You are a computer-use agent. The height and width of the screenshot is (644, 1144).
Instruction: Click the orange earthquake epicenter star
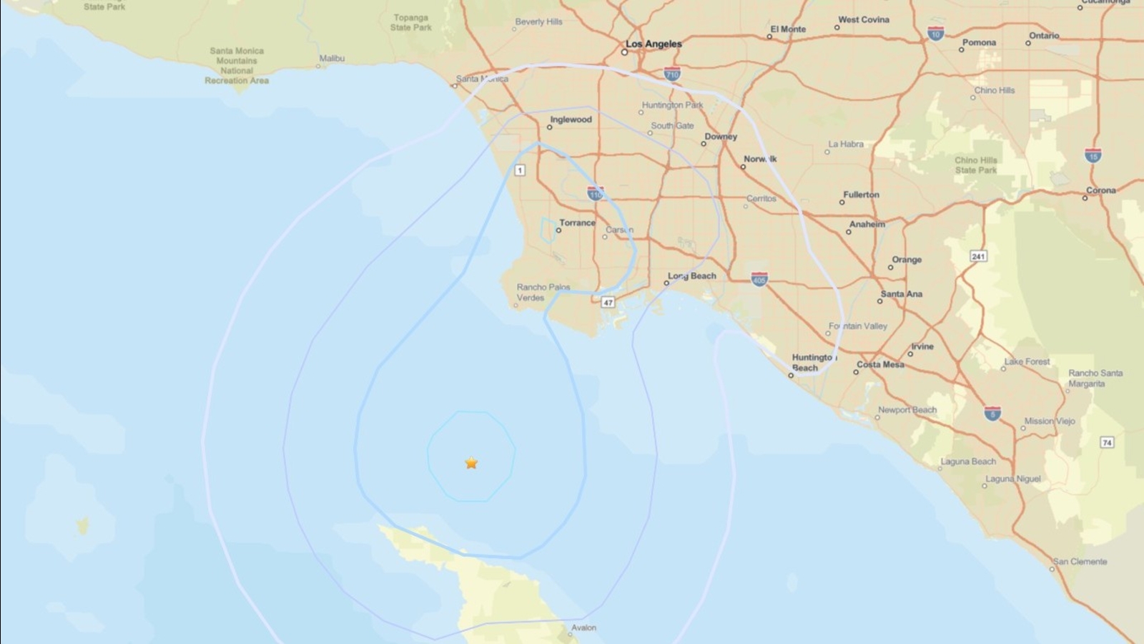(x=471, y=463)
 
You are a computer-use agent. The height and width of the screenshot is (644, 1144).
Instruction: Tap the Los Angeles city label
(x=654, y=44)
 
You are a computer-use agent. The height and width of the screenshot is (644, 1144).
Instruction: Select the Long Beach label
(x=691, y=276)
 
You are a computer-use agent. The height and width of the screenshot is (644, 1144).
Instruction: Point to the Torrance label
(x=577, y=223)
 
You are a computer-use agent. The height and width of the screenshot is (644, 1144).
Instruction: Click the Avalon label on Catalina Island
(x=583, y=628)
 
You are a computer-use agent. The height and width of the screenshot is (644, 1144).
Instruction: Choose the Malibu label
(x=332, y=58)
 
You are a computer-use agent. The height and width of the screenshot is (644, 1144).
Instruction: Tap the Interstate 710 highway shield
(x=672, y=74)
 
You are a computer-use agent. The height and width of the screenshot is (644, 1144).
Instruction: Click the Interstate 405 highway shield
(x=759, y=279)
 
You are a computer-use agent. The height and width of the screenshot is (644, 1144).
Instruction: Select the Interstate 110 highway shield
(x=595, y=193)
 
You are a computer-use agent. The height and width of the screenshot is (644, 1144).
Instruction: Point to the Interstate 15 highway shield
(x=1093, y=155)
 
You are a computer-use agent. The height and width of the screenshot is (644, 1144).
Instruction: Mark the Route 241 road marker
(x=978, y=256)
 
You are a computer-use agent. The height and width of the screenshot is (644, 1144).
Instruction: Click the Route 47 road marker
(x=608, y=302)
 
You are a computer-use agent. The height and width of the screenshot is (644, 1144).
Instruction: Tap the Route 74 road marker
(x=1107, y=442)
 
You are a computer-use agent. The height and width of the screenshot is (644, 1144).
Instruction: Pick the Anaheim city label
(x=867, y=224)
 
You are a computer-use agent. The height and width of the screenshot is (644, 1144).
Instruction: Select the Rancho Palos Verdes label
(x=543, y=292)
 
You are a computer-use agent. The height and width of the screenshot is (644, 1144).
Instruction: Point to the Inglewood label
(x=571, y=119)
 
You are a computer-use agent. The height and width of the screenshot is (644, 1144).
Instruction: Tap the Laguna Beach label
(x=968, y=462)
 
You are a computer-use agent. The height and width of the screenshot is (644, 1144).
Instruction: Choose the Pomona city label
(x=979, y=43)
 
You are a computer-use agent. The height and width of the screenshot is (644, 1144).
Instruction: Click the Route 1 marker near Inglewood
(x=520, y=170)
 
